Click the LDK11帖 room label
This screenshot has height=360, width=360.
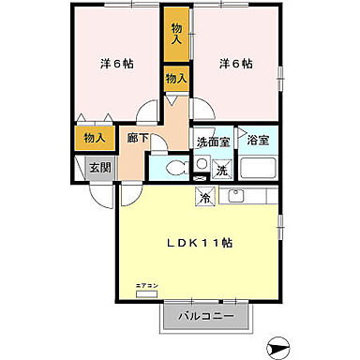tap(201, 241)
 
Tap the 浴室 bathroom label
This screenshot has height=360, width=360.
tap(257, 141)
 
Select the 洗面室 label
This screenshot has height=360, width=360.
tap(212, 142)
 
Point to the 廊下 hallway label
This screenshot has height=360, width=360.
tap(137, 138)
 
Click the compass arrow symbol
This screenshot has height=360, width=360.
tap(281, 347)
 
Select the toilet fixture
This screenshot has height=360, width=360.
tap(174, 170)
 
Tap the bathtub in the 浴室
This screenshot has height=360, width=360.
tap(258, 168)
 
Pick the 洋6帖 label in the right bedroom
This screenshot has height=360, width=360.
tap(234, 64)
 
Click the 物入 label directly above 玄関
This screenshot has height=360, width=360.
tap(94, 137)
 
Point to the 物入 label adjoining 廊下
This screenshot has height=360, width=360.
tap(175, 79)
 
